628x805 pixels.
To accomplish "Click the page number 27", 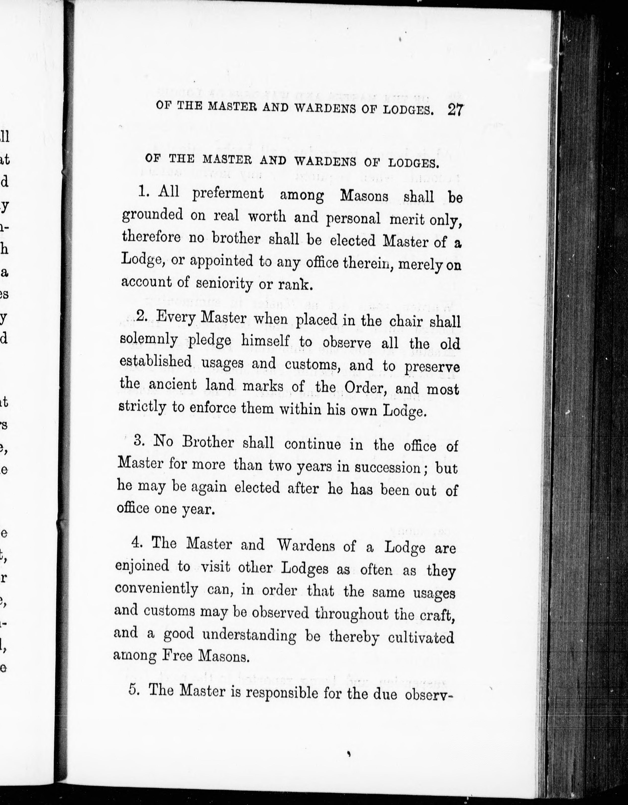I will (455, 110).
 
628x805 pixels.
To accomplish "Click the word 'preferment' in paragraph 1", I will (228, 194).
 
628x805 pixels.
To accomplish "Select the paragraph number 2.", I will (141, 316).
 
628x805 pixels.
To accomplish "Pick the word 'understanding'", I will (249, 635).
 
